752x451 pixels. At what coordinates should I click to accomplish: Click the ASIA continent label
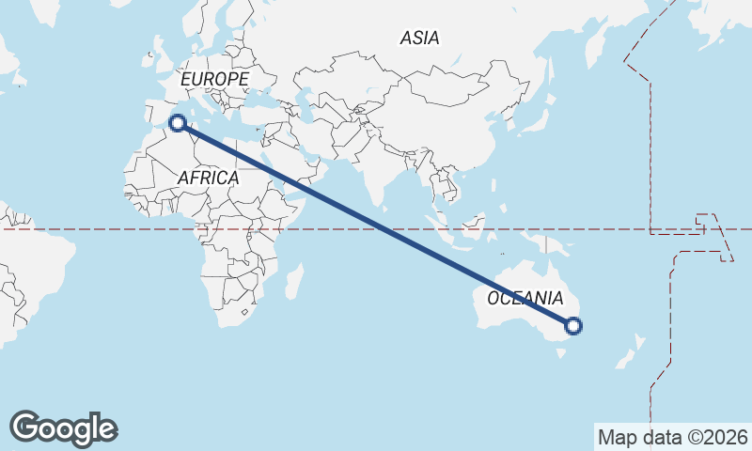click(x=419, y=39)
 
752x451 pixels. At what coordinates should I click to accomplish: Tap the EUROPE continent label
click(x=215, y=80)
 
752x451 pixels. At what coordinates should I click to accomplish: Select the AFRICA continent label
click(x=208, y=177)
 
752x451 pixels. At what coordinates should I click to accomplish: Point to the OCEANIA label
click(x=525, y=299)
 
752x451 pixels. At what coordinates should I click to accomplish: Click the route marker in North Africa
click(x=176, y=122)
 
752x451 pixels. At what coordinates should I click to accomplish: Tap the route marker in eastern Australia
click(x=573, y=326)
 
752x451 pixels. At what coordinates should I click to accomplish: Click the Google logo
click(x=63, y=428)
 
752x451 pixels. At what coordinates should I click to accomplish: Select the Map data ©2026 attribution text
click(x=673, y=437)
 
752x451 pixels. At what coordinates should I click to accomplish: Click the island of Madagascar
click(x=293, y=279)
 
